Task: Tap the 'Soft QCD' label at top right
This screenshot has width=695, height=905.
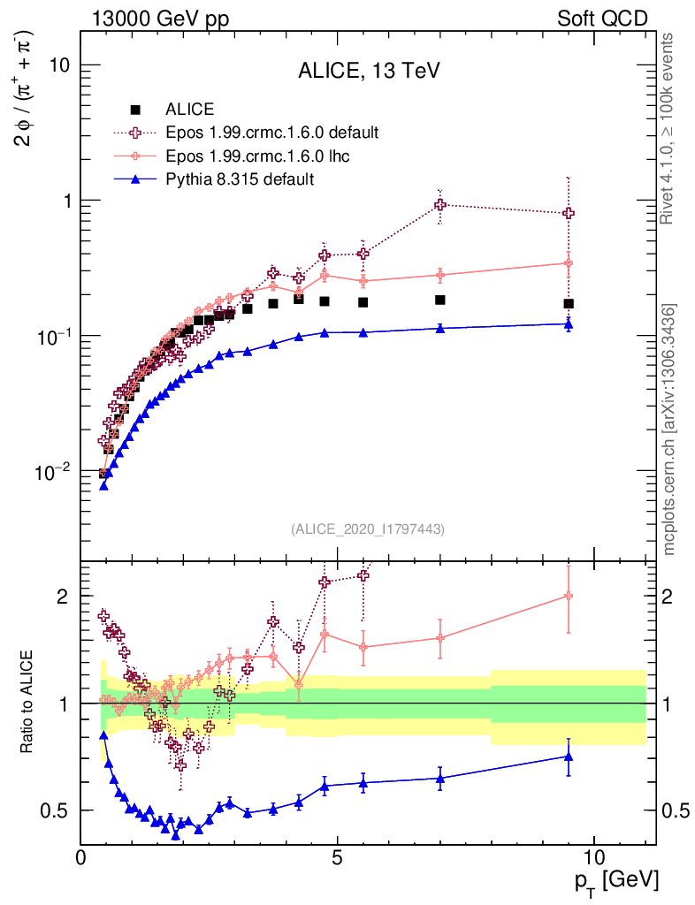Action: (602, 19)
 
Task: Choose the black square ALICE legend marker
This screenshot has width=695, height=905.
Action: (135, 110)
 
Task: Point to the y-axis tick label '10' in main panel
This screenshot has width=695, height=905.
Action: (58, 65)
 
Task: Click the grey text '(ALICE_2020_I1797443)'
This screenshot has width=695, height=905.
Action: (367, 529)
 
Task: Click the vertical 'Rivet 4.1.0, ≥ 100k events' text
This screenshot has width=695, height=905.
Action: (669, 129)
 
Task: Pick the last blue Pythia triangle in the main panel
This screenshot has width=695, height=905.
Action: (569, 324)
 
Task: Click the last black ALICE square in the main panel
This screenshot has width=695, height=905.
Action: (569, 304)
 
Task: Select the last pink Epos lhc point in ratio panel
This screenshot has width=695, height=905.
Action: (569, 597)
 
